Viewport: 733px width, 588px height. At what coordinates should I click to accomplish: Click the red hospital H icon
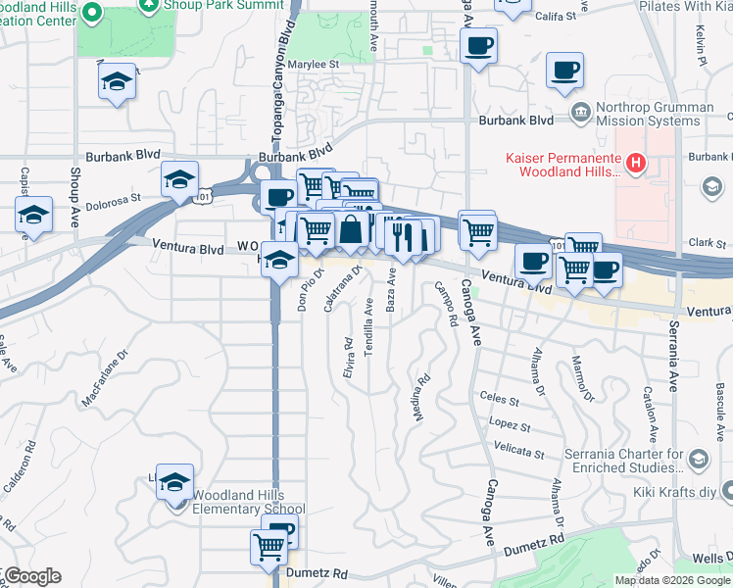point(636,162)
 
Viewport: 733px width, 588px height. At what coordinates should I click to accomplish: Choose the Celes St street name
point(500,398)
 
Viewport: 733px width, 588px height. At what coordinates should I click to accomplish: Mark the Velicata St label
point(519,453)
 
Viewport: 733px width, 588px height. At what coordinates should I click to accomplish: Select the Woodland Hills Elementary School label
point(248,502)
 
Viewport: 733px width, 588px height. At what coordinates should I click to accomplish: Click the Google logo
point(32,576)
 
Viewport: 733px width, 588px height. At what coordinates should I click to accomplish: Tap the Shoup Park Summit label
point(215,7)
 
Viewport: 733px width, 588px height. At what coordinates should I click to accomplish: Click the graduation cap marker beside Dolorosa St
point(179,179)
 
